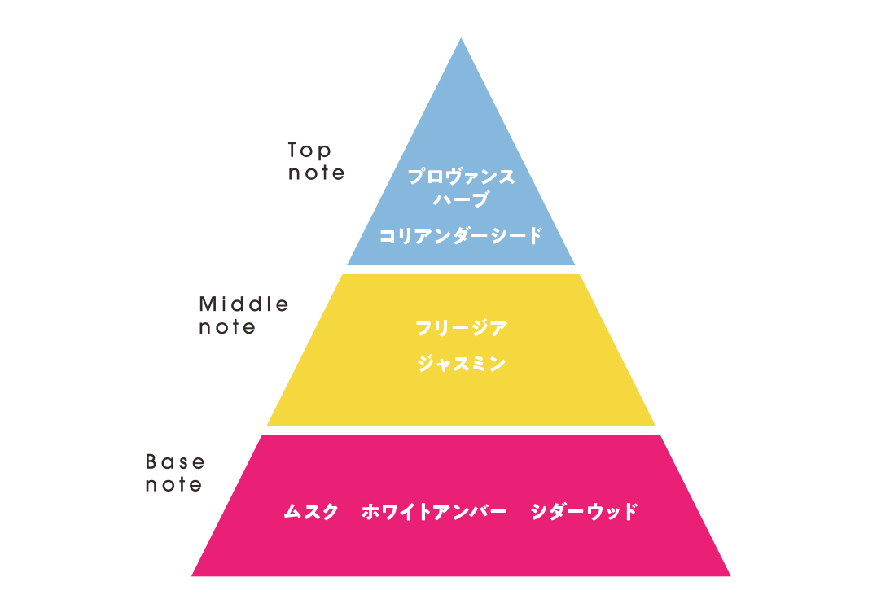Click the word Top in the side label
tap(309, 151)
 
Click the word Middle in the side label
tap(243, 304)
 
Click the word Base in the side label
tap(175, 461)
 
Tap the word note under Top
tap(316, 173)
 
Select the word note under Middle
tap(227, 327)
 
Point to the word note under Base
tap(173, 485)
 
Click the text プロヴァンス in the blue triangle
tap(461, 177)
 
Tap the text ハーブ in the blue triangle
tap(460, 199)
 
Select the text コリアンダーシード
tap(460, 235)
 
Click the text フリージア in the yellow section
tap(461, 328)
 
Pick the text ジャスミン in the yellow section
tap(461, 364)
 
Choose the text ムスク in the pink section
tap(311, 512)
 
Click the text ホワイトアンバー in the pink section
tap(434, 512)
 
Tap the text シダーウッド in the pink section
tap(584, 512)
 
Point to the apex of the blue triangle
tap(461, 37)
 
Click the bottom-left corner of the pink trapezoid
tap(191, 576)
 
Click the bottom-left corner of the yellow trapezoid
tap(266, 426)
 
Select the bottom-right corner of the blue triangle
tap(576, 265)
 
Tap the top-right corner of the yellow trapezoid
tap(580, 274)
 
